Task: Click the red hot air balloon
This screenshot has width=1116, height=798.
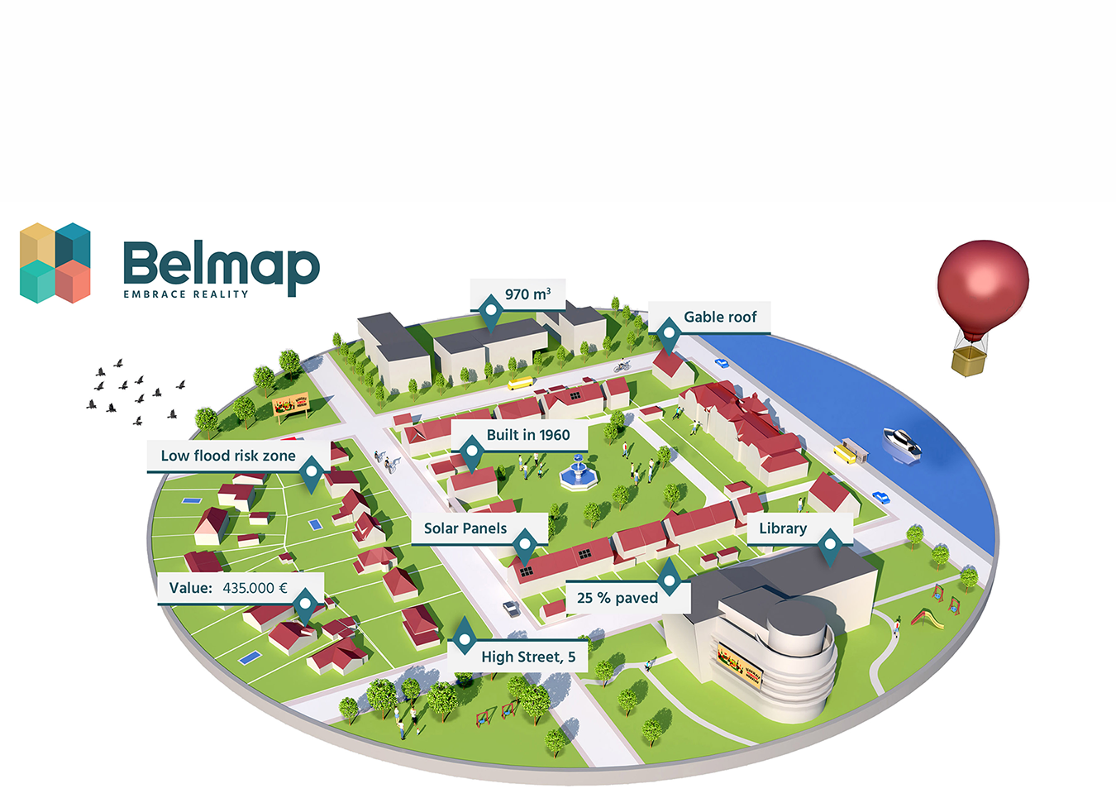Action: coord(983,285)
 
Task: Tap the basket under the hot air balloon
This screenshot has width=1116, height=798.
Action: coord(969,361)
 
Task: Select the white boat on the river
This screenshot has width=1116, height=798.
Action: coord(901,443)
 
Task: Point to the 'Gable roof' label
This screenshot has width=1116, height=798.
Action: coord(719,317)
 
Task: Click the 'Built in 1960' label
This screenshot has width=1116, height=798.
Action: coord(527,435)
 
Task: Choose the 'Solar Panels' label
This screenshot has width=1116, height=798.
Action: coord(465,528)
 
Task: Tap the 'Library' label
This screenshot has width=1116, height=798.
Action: coord(782,528)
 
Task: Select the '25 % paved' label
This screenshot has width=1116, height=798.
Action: coord(617,598)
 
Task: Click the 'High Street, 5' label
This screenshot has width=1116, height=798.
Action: coord(528,657)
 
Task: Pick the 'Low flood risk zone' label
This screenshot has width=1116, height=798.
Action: coord(228,456)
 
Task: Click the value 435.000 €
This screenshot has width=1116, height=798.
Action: coord(255,588)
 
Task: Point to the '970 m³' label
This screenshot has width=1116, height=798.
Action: coord(527,294)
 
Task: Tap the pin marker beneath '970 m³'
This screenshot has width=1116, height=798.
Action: coord(491,313)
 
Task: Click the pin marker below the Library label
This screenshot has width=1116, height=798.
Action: coord(830,545)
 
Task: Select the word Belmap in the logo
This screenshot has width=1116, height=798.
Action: coord(221,264)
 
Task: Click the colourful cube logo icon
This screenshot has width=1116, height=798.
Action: coord(55,262)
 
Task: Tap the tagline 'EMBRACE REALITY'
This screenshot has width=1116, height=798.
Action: coord(186,294)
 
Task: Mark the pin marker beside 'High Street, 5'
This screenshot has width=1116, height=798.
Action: coord(465,638)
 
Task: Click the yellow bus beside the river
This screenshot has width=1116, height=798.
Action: coord(846,452)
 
